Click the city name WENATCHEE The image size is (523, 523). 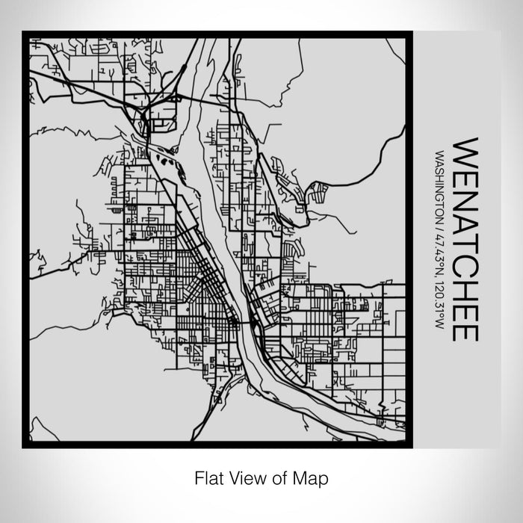[x=465, y=238]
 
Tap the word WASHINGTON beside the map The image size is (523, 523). [x=439, y=184]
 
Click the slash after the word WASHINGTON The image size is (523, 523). [x=439, y=223]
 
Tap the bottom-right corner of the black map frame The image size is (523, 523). [x=410, y=445]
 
